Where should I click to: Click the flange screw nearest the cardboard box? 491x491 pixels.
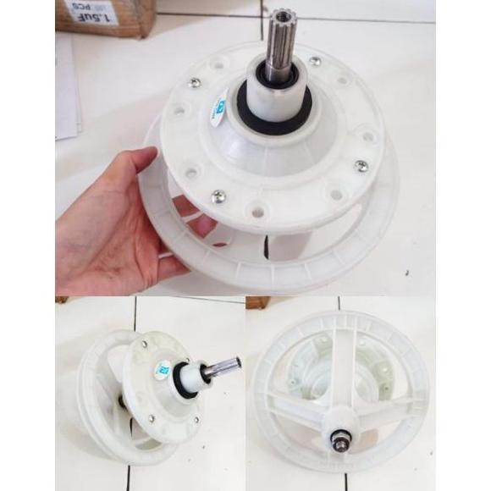point(195,83)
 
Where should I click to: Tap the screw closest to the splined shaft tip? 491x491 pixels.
point(315,61)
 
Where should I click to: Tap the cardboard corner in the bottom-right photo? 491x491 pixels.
point(257,303)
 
